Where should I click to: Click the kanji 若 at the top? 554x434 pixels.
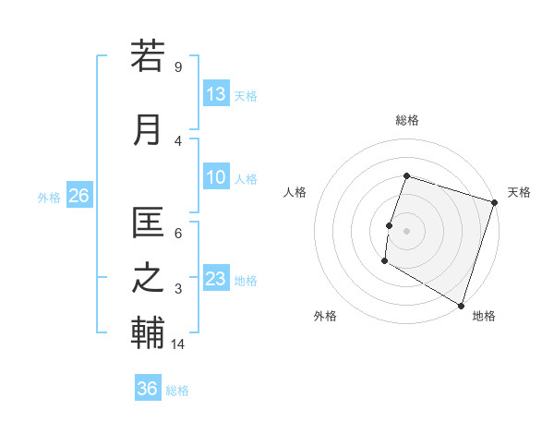tap(148, 56)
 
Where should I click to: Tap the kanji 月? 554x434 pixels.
tap(148, 129)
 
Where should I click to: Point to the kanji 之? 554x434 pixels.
tap(148, 279)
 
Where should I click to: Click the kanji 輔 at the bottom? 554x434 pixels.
tap(148, 333)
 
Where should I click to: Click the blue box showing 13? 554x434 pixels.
tap(216, 94)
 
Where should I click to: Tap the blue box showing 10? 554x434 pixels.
tap(216, 178)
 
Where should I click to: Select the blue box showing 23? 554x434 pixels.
tap(216, 280)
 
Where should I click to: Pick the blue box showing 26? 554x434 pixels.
tap(78, 196)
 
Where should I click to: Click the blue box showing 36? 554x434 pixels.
tap(148, 389)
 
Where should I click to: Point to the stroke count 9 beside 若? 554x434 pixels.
tap(177, 66)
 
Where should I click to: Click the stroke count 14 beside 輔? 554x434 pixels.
tap(179, 344)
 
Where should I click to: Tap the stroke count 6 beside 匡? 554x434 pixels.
tap(177, 234)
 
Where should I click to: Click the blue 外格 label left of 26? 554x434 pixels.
tap(49, 197)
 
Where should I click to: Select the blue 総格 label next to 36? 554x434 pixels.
tap(177, 390)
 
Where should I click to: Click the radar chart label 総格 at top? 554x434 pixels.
tap(406, 120)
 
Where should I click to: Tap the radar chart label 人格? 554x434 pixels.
tap(295, 192)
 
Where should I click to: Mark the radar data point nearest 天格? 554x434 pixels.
tap(494, 202)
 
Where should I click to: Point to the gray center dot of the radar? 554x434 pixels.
tap(406, 230)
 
